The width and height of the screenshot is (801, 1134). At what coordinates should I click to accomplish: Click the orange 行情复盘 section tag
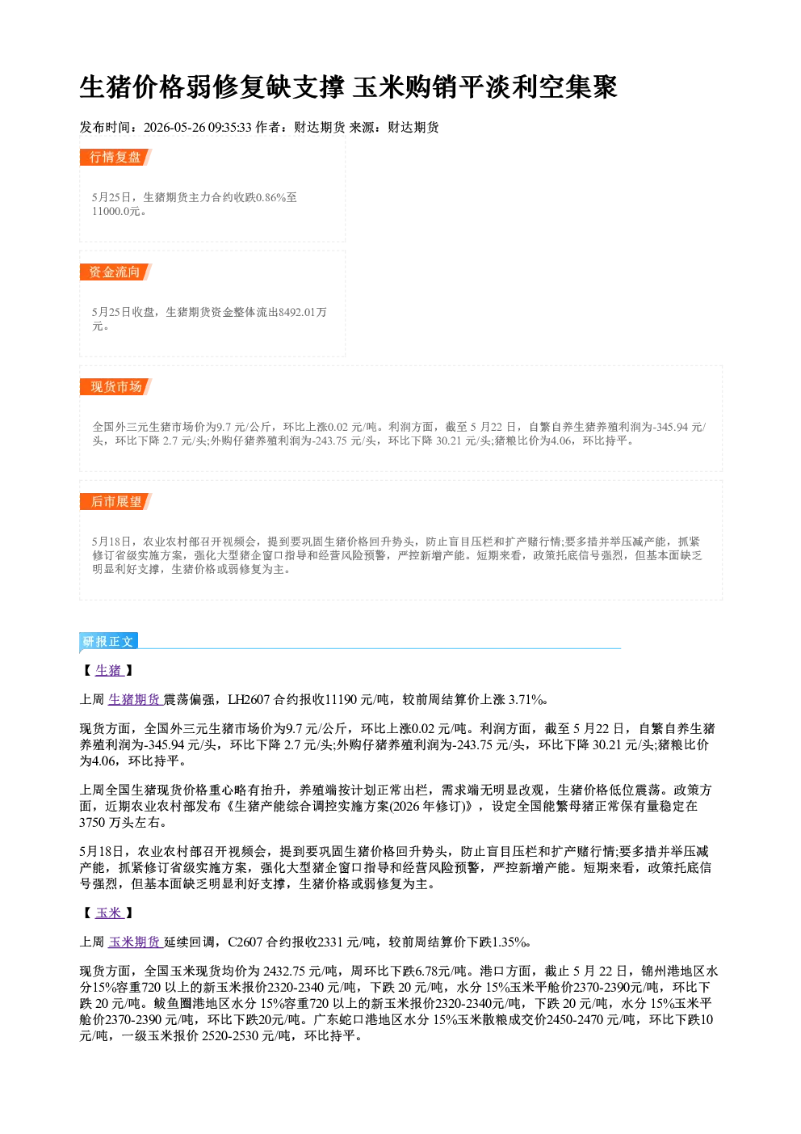click(115, 157)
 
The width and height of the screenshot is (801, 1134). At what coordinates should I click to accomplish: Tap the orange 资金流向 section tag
click(115, 272)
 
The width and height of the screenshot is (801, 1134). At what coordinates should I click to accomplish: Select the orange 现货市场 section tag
click(115, 387)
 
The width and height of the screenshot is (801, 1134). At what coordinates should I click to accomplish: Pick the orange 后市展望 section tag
click(115, 502)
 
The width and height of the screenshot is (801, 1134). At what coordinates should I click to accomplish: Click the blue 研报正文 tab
click(108, 642)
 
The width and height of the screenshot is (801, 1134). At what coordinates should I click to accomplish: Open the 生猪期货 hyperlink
click(135, 700)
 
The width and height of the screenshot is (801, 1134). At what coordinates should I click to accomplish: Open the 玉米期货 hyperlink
click(135, 942)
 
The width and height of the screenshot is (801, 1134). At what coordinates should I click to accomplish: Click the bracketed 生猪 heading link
click(109, 670)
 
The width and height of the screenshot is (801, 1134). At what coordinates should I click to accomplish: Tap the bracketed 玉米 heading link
click(109, 913)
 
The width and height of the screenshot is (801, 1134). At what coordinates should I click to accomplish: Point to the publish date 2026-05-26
click(174, 128)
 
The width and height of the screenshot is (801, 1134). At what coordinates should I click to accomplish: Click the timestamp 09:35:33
click(230, 128)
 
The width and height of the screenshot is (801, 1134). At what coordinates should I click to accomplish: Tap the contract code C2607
click(245, 942)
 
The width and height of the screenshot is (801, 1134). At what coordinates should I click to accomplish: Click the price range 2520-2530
click(230, 1036)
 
